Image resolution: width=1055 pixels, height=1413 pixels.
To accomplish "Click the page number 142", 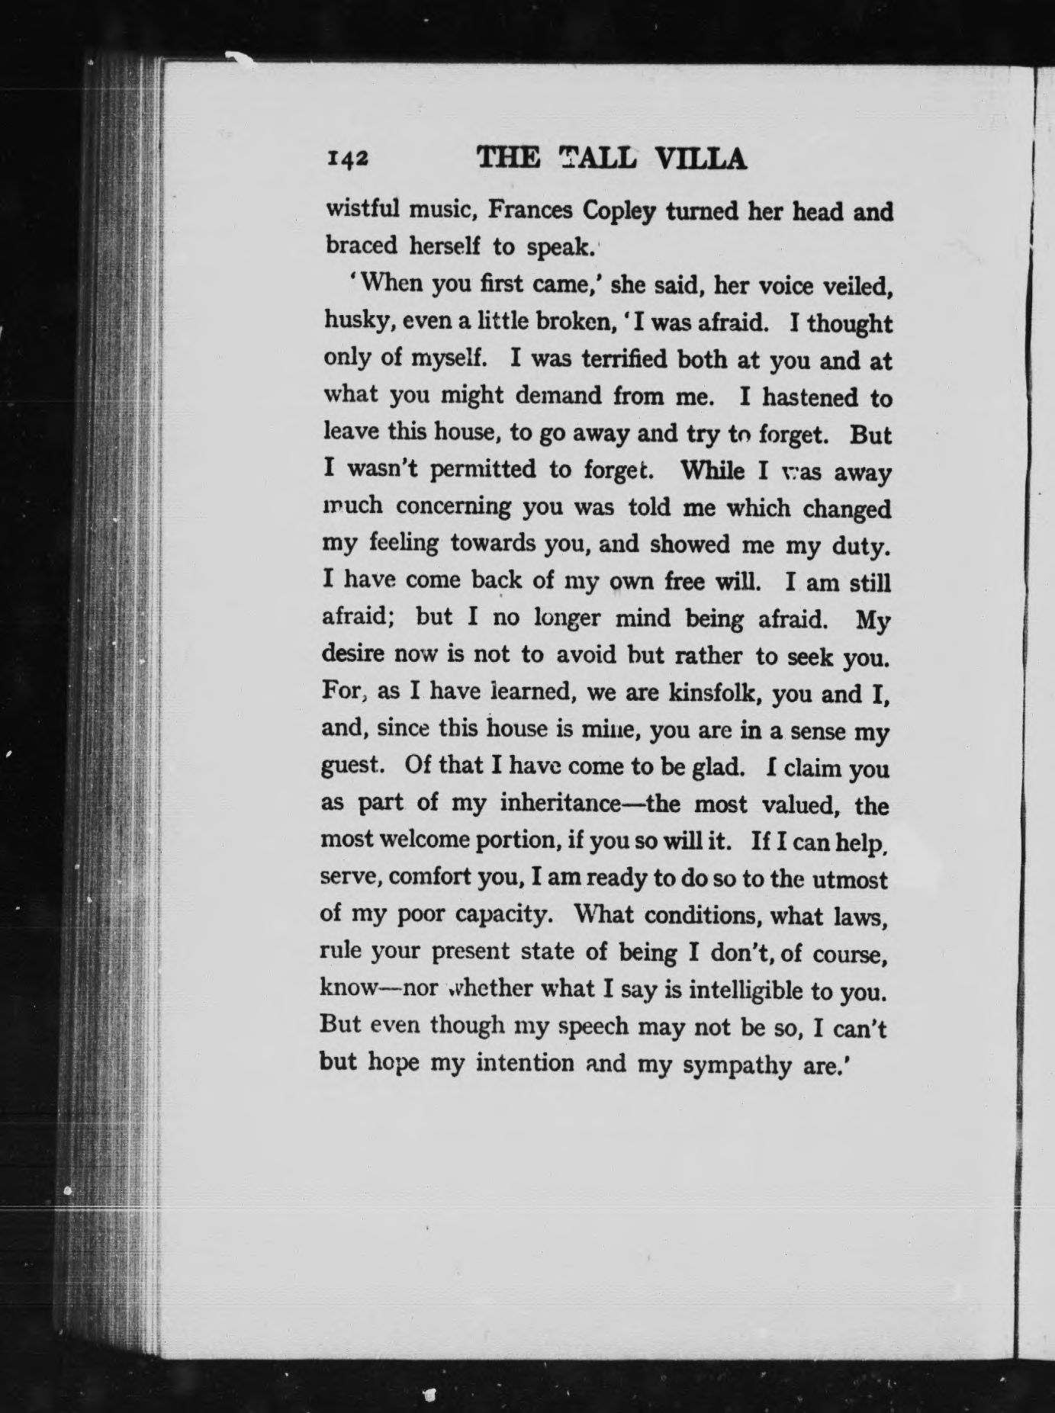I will point(348,158).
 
